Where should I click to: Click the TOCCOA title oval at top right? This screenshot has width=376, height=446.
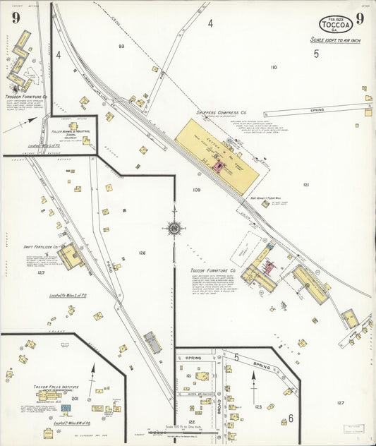tap(336, 25)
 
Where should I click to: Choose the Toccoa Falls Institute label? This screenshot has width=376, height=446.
tap(49, 387)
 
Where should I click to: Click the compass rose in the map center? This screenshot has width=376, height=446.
tap(174, 227)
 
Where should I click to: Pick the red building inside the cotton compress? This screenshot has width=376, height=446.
tap(218, 167)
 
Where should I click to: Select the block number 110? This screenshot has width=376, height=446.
tap(274, 67)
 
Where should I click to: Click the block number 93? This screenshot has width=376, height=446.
tap(121, 46)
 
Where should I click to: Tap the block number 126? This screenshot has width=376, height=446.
tap(142, 253)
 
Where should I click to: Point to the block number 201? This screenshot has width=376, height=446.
tap(75, 398)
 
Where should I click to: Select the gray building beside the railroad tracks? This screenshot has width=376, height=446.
tap(152, 342)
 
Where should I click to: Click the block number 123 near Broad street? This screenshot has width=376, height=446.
tap(258, 406)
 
